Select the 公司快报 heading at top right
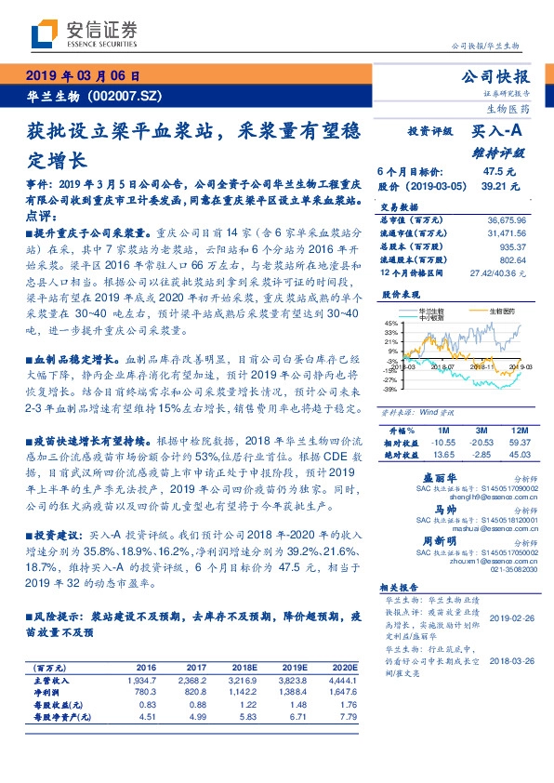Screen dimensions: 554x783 [x=500, y=76]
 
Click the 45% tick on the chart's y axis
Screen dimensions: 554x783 [x=389, y=322]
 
